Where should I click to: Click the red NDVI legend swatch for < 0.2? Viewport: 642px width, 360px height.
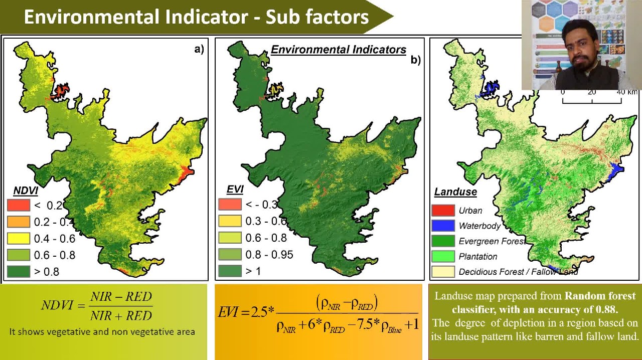point(18,205)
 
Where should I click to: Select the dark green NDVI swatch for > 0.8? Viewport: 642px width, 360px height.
point(18,272)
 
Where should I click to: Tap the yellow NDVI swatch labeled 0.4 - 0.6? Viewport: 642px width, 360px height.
point(18,238)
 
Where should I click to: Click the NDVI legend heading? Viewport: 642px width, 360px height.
point(26,191)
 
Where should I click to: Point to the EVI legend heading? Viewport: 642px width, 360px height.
point(235,189)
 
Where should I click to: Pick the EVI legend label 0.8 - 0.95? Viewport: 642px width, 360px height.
point(269,255)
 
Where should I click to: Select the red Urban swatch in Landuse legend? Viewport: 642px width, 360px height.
point(443,211)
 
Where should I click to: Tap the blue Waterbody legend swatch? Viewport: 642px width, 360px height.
point(443,226)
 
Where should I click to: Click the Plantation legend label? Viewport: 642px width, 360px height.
point(478,257)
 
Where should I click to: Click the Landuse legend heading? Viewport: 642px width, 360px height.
point(455,192)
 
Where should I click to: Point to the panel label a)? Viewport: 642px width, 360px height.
point(199,49)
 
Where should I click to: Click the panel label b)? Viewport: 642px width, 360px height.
point(415,60)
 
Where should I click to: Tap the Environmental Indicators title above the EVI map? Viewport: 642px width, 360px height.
point(339,50)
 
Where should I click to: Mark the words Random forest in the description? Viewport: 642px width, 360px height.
point(600,296)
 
